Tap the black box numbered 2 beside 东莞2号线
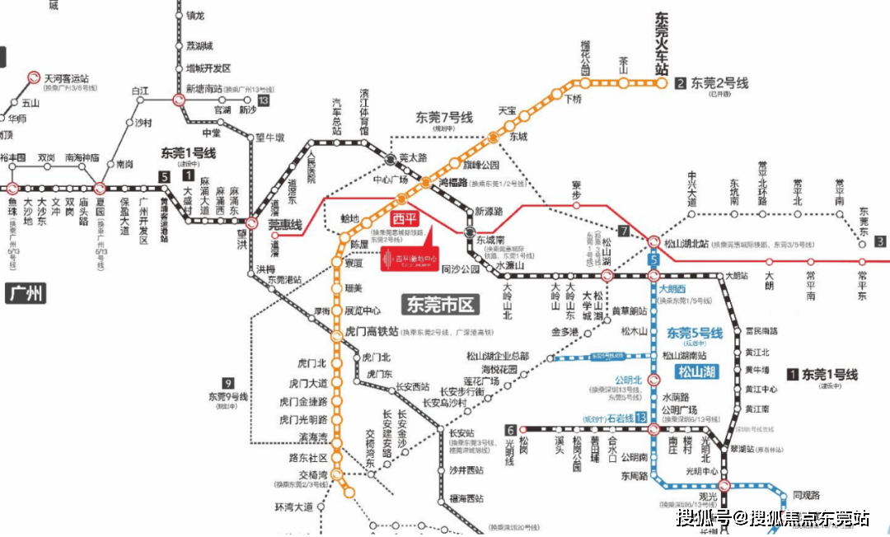(x=681, y=83)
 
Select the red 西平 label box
(x=405, y=219)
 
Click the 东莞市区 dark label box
(x=440, y=305)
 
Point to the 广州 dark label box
(x=26, y=293)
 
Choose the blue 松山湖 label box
(x=696, y=371)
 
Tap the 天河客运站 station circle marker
(x=34, y=77)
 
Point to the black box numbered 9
(x=228, y=382)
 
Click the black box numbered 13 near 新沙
(x=264, y=100)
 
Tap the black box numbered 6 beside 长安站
(x=511, y=429)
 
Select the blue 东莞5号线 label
(x=694, y=334)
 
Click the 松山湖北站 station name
(x=686, y=245)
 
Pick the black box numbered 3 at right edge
(x=881, y=241)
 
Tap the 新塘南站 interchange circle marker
(x=179, y=100)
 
